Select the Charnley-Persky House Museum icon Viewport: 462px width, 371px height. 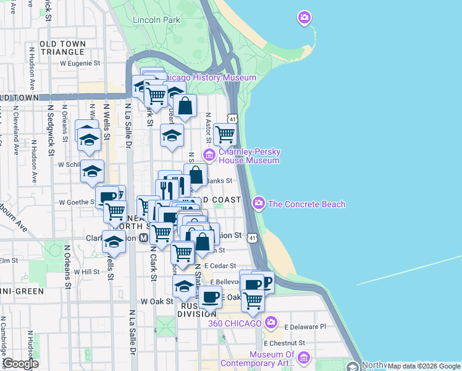pos(209,155)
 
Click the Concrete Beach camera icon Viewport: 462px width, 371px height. pos(259,202)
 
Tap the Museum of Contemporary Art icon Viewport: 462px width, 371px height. pos(303,358)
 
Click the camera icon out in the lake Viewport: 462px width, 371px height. pos(304,17)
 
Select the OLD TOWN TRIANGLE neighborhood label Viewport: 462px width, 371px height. pos(65,48)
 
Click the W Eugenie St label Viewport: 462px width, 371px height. pos(80,63)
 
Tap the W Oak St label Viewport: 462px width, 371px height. pos(156,301)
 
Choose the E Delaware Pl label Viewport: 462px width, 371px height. pos(304,326)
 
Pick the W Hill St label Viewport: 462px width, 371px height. pos(86,271)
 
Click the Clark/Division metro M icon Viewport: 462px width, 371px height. pos(143,237)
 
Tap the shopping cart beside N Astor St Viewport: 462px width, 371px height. pos(225,133)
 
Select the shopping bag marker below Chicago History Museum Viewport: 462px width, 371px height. pos(185,106)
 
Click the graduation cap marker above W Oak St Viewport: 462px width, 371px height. pos(183,286)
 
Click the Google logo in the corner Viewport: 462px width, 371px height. pos(20,364)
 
